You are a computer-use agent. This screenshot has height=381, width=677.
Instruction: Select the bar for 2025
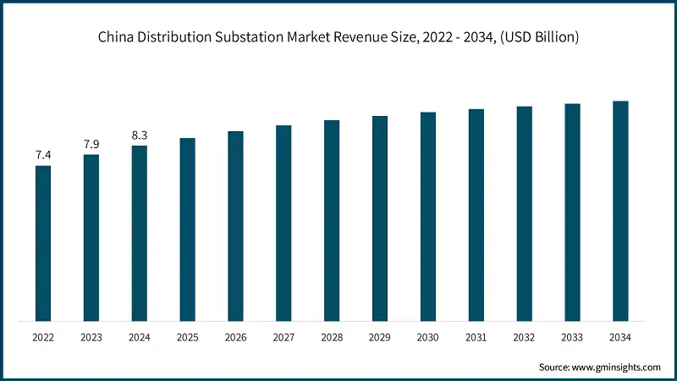point(187,229)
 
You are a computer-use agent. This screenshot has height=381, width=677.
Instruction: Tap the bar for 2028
point(332,220)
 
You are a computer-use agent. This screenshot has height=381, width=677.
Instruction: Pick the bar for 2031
point(476,215)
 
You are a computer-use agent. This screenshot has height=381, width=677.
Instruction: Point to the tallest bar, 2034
point(621,211)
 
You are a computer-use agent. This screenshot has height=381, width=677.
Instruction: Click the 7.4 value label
point(42,155)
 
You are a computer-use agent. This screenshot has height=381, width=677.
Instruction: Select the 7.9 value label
point(91,144)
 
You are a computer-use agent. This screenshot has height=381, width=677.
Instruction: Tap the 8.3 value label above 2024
point(139,135)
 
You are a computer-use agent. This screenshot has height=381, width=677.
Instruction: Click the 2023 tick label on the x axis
point(91,336)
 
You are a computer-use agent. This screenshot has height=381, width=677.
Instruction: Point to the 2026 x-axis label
point(235,336)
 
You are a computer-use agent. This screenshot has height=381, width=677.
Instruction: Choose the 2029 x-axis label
point(380,336)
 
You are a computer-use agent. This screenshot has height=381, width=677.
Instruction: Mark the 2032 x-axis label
point(525,336)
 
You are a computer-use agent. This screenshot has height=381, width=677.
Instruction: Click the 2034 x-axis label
point(621,336)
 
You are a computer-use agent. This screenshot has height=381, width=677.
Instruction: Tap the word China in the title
point(115,36)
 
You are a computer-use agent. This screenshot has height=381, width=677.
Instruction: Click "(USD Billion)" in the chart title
point(539,36)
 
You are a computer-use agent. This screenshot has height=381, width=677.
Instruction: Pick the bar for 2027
point(283,224)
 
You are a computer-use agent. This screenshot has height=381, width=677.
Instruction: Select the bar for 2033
point(573,213)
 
